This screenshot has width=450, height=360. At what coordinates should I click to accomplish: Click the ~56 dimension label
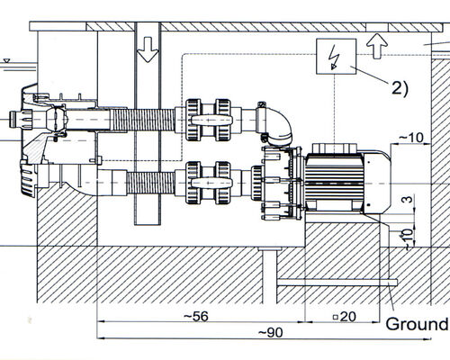[196, 316]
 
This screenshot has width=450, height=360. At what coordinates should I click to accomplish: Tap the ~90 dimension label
[270, 332]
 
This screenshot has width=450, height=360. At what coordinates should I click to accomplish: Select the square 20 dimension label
[345, 317]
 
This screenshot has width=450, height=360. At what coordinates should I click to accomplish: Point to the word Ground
[417, 324]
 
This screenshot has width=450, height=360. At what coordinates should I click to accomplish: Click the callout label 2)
[400, 88]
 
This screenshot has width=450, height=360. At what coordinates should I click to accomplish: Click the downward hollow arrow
[148, 49]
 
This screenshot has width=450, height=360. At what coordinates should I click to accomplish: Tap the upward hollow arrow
[377, 46]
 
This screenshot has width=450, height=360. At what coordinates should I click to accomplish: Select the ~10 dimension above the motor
[412, 138]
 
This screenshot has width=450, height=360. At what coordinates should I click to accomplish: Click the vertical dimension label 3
[407, 199]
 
